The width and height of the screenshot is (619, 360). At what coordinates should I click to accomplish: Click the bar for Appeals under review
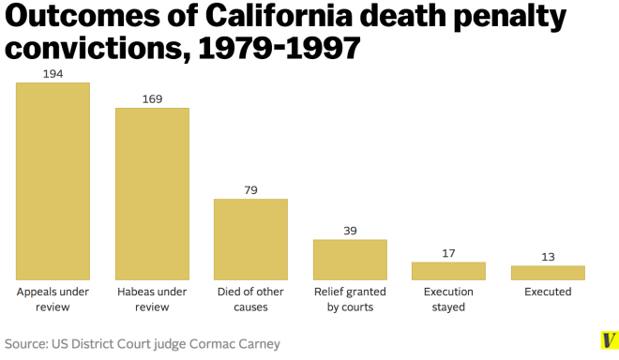tap(53, 181)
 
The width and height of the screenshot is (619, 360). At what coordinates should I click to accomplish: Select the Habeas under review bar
tap(152, 193)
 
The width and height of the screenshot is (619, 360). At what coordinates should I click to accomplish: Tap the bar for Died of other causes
tap(250, 239)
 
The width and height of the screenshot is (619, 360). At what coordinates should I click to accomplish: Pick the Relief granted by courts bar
tap(350, 260)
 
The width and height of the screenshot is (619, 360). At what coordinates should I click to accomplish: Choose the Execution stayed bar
tap(448, 271)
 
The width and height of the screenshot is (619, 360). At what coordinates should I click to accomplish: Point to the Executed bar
tap(548, 273)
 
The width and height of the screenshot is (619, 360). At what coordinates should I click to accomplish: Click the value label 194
tap(53, 74)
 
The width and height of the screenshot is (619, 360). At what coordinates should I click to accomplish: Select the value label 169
tap(152, 98)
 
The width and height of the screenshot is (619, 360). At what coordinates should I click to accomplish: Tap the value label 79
tap(250, 190)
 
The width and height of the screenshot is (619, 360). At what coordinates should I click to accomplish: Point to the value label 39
tap(350, 231)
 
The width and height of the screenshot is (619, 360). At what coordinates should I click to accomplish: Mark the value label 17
tap(448, 253)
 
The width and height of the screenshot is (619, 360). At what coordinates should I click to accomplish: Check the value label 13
tap(548, 257)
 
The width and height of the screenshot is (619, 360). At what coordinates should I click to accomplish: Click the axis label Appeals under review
tap(53, 299)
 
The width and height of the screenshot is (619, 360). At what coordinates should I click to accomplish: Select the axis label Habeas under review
tap(152, 299)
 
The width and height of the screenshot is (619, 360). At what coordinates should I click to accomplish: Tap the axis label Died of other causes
tap(250, 299)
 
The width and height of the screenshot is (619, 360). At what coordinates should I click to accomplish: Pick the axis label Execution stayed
tap(448, 299)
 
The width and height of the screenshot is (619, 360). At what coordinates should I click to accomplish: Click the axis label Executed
tap(548, 292)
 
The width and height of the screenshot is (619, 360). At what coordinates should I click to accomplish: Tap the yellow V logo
tap(609, 340)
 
